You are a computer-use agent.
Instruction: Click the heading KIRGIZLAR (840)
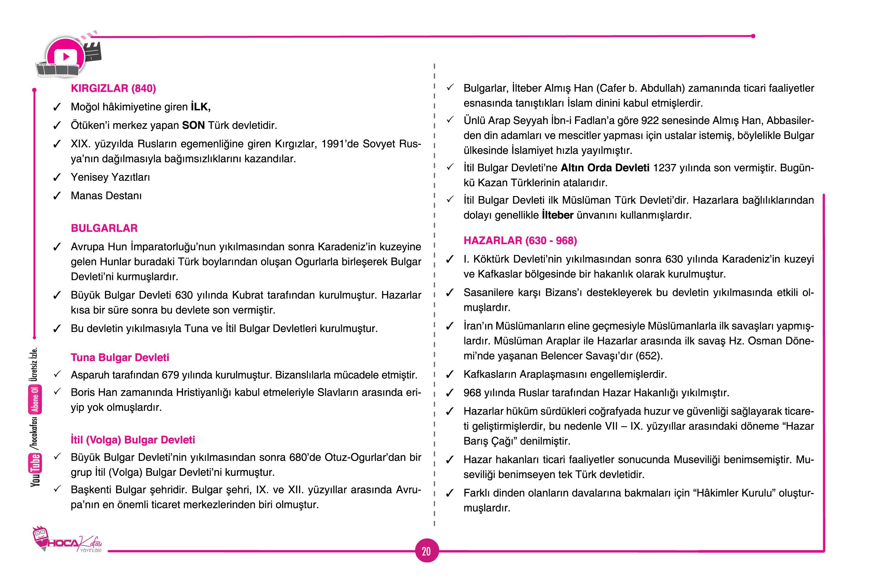click(x=113, y=88)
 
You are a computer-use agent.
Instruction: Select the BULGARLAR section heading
click(x=104, y=228)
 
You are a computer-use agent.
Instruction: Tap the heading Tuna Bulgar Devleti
click(x=120, y=357)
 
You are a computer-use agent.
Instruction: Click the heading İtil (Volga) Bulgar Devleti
click(x=133, y=440)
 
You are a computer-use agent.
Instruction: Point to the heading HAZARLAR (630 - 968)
click(x=520, y=240)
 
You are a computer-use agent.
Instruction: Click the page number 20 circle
click(x=426, y=551)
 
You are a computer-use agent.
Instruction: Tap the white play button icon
click(x=66, y=57)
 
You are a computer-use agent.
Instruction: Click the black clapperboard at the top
click(x=93, y=52)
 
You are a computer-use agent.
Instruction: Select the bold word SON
click(x=193, y=125)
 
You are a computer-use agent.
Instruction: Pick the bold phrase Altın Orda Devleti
click(x=605, y=168)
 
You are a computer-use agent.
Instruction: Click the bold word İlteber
click(x=557, y=215)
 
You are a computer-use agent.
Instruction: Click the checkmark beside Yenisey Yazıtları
click(x=57, y=178)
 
